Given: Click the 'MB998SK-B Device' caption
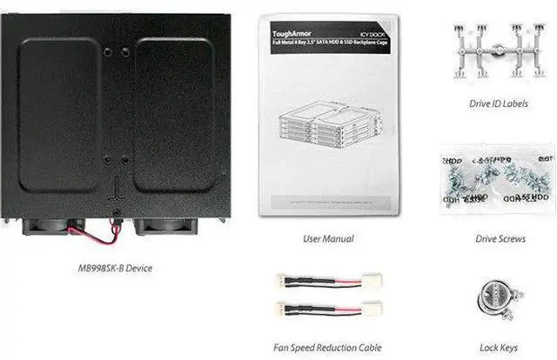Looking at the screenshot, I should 114,268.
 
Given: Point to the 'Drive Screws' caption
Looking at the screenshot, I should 500,237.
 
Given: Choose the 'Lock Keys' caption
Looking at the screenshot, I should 500,347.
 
